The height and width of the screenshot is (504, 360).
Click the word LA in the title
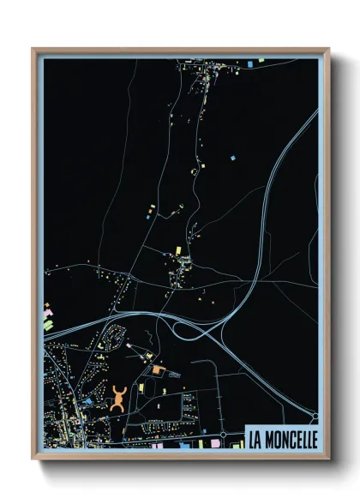255,439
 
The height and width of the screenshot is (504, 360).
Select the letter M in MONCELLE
270,439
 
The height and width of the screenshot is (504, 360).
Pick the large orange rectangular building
159,370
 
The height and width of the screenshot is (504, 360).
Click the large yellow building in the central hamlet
178,249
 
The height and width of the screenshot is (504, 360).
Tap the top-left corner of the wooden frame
33,50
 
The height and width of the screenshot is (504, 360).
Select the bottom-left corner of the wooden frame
33,459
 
